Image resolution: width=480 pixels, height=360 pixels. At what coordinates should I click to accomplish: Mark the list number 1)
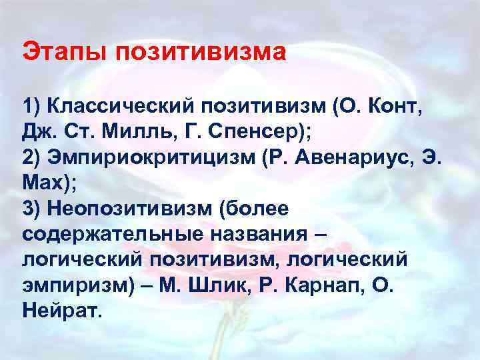pos(33,105)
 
